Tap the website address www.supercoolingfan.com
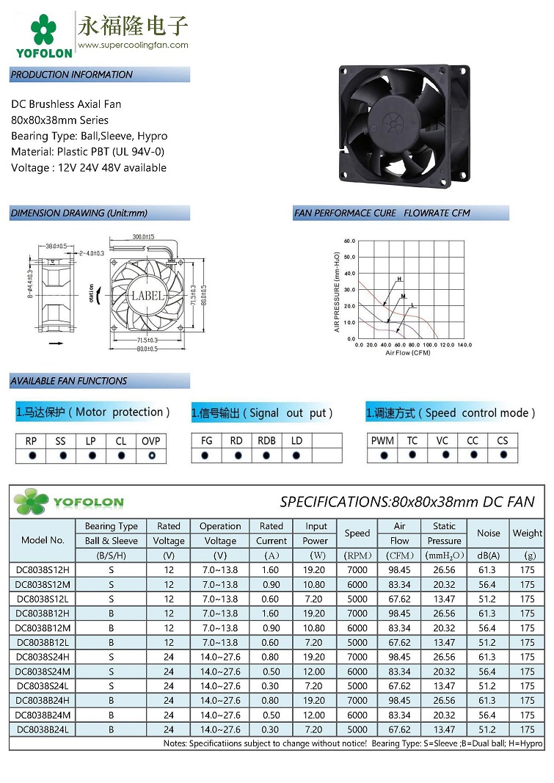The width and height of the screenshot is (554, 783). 133,45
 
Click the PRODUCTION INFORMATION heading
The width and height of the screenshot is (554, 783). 72,75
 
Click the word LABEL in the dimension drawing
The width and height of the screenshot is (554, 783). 147,296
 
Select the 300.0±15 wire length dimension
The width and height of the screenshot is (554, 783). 143,237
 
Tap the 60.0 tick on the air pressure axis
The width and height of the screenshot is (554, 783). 349,240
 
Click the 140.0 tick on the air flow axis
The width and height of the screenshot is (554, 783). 464,344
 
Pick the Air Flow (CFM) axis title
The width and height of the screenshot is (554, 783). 408,353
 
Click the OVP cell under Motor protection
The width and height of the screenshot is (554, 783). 151,441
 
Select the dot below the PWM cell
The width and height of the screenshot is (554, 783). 383,456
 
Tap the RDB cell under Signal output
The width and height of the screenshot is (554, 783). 267,441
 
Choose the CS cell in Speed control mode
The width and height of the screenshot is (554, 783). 503,441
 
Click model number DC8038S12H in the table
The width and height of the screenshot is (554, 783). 43,570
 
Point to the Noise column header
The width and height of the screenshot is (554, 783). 489,533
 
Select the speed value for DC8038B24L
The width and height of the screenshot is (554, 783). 357,729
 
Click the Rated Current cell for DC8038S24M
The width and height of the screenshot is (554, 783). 271,671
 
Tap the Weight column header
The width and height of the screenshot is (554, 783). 528,533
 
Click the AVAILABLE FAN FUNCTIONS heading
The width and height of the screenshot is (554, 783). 69,381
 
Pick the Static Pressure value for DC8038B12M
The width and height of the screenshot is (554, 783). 444,628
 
